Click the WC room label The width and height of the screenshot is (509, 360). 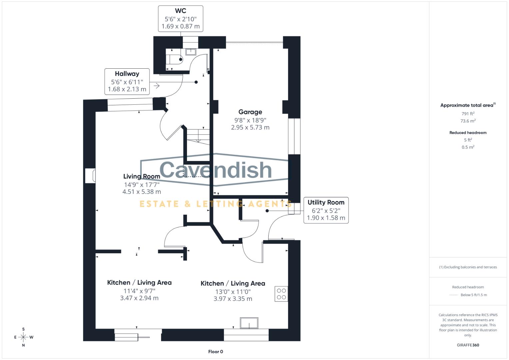(180, 11)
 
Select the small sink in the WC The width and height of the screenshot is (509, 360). (191, 52)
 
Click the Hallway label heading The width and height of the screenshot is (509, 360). (127, 74)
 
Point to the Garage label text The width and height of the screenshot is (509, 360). (250, 112)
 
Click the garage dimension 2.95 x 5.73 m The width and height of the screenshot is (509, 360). (250, 127)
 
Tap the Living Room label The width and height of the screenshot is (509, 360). (142, 176)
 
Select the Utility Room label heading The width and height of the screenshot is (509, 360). (326, 202)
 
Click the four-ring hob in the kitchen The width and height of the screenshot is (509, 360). (281, 294)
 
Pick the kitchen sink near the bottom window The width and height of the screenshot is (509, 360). (249, 323)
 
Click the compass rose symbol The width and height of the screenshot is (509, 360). (23, 337)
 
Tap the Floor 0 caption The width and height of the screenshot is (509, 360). (216, 352)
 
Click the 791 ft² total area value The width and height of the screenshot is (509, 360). (468, 114)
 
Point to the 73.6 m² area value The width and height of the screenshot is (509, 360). (468, 121)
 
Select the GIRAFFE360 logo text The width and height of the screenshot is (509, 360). (468, 345)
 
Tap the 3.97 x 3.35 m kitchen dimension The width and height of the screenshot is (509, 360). (233, 299)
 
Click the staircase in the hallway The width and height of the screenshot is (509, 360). (198, 135)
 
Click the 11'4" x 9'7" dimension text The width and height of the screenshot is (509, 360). (139, 291)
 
